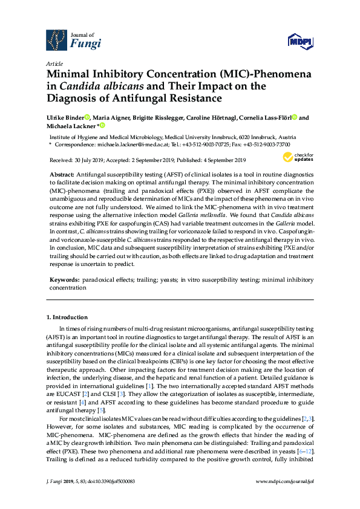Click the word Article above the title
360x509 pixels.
[54, 63]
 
